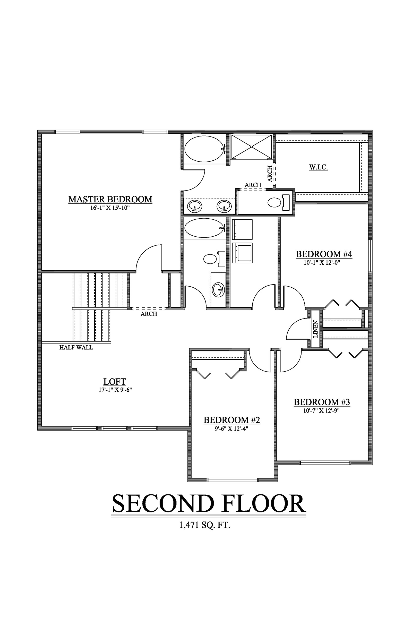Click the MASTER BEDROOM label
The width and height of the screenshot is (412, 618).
click(x=110, y=199)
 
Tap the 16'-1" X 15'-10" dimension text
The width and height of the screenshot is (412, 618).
click(x=110, y=208)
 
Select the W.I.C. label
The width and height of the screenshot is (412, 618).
click(x=319, y=167)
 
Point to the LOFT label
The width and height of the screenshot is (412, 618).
click(x=115, y=382)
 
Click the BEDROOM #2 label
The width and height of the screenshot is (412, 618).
click(x=232, y=420)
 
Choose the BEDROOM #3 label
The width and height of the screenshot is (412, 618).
click(x=322, y=402)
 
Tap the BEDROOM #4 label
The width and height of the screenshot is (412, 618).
click(x=324, y=254)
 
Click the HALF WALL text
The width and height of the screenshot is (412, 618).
click(x=76, y=348)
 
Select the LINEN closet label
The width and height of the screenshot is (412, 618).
click(x=316, y=329)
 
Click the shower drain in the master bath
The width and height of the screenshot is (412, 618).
click(x=252, y=147)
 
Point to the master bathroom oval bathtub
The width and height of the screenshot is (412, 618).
click(x=204, y=149)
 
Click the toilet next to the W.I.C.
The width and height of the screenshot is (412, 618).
click(x=274, y=202)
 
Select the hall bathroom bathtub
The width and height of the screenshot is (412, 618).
click(x=204, y=228)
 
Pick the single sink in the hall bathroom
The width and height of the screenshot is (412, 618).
click(x=218, y=289)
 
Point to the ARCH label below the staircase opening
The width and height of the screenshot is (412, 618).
click(x=149, y=314)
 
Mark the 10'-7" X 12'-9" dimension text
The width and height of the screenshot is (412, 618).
click(x=322, y=411)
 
